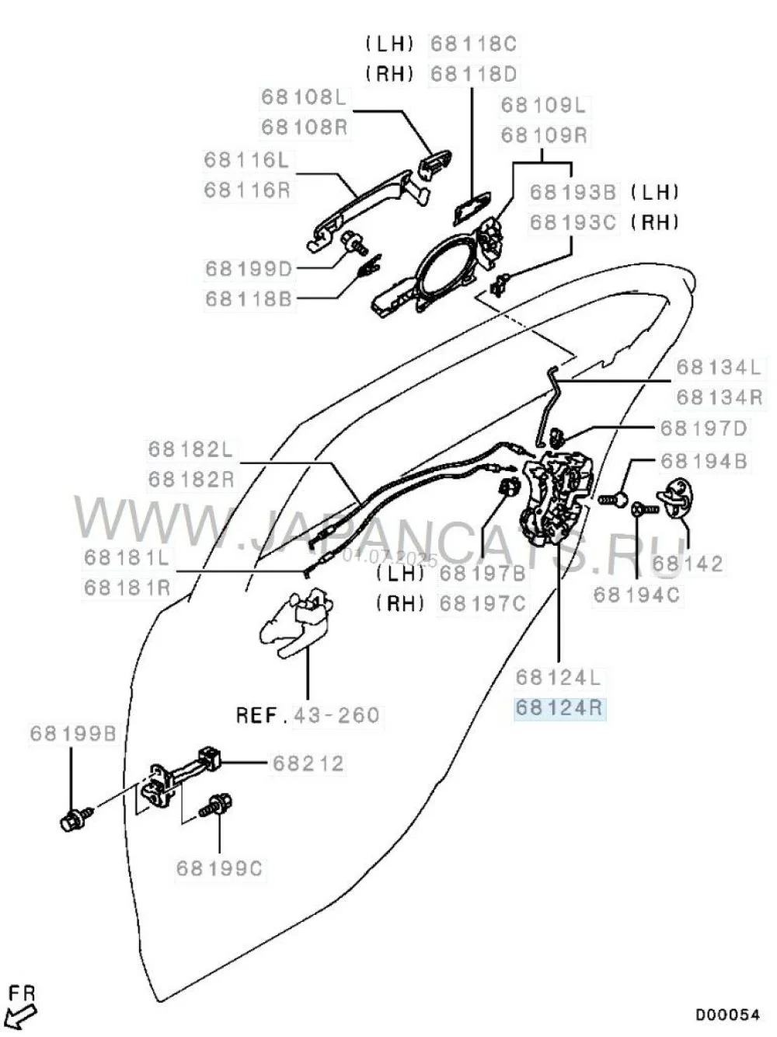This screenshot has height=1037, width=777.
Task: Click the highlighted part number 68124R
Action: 559,708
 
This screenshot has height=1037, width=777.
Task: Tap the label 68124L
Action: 559,677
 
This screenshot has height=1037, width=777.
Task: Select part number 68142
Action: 688,563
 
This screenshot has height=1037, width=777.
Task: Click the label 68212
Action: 308,763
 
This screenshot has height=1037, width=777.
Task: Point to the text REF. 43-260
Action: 308,714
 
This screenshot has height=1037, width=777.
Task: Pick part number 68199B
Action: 73,733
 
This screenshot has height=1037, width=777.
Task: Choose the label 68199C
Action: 219,868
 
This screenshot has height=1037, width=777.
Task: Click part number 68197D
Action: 703,428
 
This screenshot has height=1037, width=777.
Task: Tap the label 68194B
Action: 703,461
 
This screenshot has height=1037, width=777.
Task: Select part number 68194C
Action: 636,595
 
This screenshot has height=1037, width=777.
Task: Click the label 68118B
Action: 249,299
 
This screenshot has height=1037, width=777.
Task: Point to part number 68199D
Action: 249,269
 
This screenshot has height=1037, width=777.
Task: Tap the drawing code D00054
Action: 726,1014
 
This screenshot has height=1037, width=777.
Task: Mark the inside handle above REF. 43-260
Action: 299,621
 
